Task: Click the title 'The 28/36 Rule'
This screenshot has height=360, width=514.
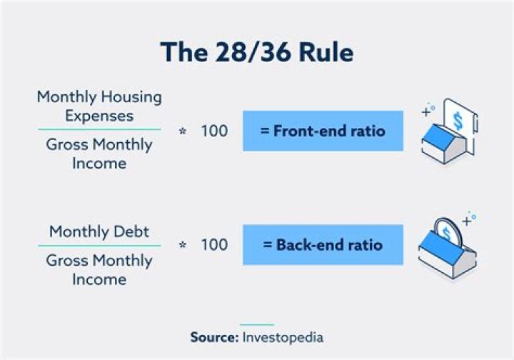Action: click(256, 53)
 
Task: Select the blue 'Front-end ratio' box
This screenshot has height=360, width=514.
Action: click(323, 131)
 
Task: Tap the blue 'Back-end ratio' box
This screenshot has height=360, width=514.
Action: click(323, 244)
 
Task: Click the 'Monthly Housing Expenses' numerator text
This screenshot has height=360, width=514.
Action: click(99, 106)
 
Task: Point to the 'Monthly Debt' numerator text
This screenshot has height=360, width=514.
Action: click(99, 231)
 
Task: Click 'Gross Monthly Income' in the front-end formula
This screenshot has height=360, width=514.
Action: click(99, 154)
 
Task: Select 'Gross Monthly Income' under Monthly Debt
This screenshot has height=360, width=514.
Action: click(99, 269)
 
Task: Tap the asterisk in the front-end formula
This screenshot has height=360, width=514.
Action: click(182, 132)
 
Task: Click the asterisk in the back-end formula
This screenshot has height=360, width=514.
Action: click(182, 246)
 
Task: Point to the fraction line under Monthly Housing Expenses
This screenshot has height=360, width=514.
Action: click(99, 130)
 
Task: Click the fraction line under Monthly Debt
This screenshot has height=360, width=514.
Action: click(99, 246)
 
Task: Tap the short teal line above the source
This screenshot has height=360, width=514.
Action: click(256, 324)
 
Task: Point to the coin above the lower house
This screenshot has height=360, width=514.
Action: click(447, 231)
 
